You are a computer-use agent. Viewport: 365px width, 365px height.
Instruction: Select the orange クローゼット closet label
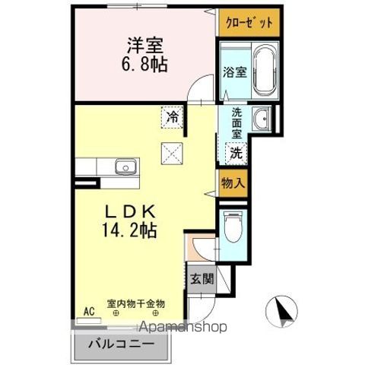(x=247, y=23)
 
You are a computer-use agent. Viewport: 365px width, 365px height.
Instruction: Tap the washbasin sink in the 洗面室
(x=261, y=119)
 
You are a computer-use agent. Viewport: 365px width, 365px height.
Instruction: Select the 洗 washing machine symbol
(x=236, y=152)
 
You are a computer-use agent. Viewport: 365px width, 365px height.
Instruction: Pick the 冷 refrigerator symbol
(x=173, y=118)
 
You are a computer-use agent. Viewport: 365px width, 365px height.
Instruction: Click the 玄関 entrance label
(x=202, y=278)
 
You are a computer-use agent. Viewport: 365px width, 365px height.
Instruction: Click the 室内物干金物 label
(x=135, y=303)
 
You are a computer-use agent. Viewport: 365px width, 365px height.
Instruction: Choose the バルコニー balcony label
(x=122, y=343)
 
